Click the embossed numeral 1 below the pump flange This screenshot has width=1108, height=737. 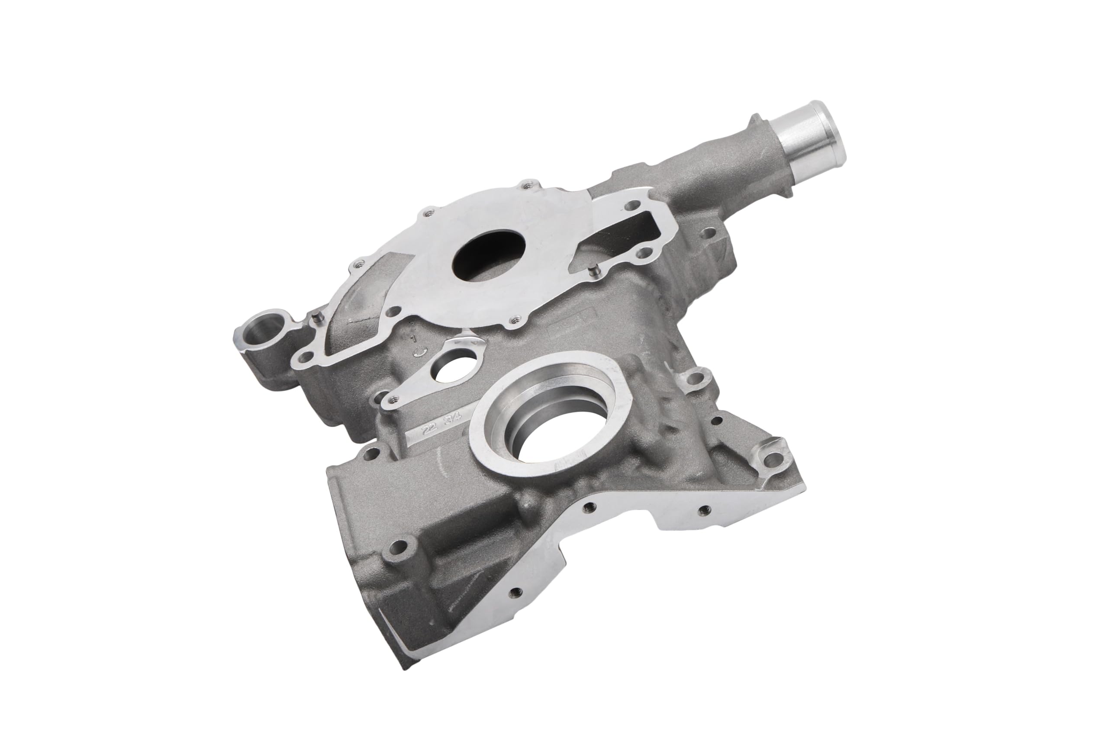click(x=414, y=338)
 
